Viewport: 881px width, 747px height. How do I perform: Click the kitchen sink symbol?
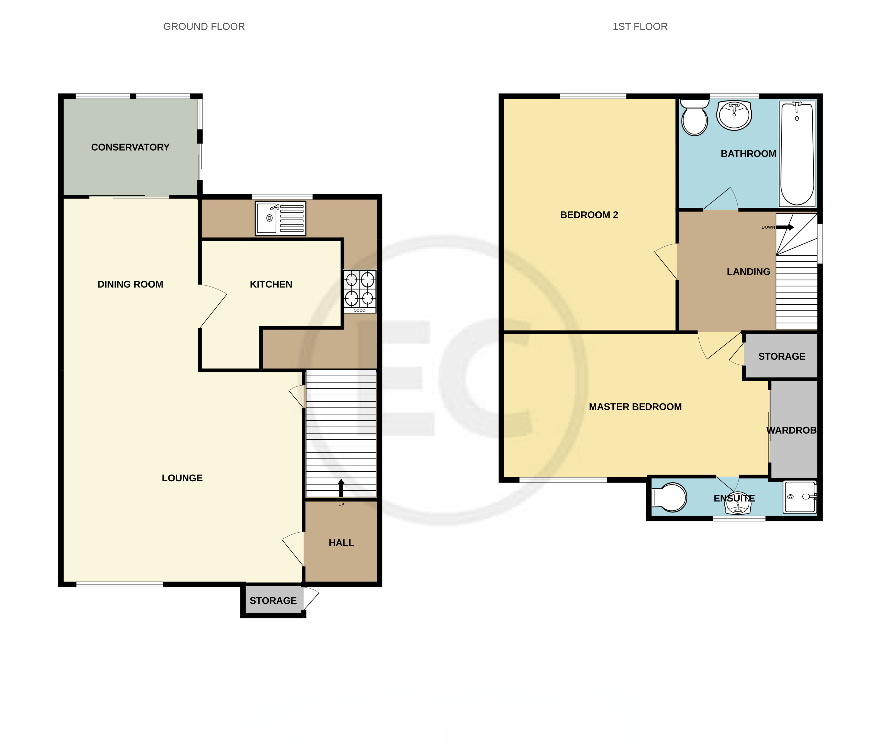pyautogui.click(x=280, y=218)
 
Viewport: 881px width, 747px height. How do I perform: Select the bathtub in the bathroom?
pyautogui.click(x=797, y=153)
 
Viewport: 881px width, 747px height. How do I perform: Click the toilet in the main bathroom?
pyautogui.click(x=694, y=117)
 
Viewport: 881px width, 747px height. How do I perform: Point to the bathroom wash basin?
pyautogui.click(x=734, y=115)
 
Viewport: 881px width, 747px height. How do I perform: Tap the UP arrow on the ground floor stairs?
pyautogui.click(x=341, y=487)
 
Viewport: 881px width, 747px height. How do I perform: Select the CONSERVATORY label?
pyautogui.click(x=130, y=147)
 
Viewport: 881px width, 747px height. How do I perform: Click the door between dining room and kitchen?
pyautogui.click(x=213, y=306)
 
